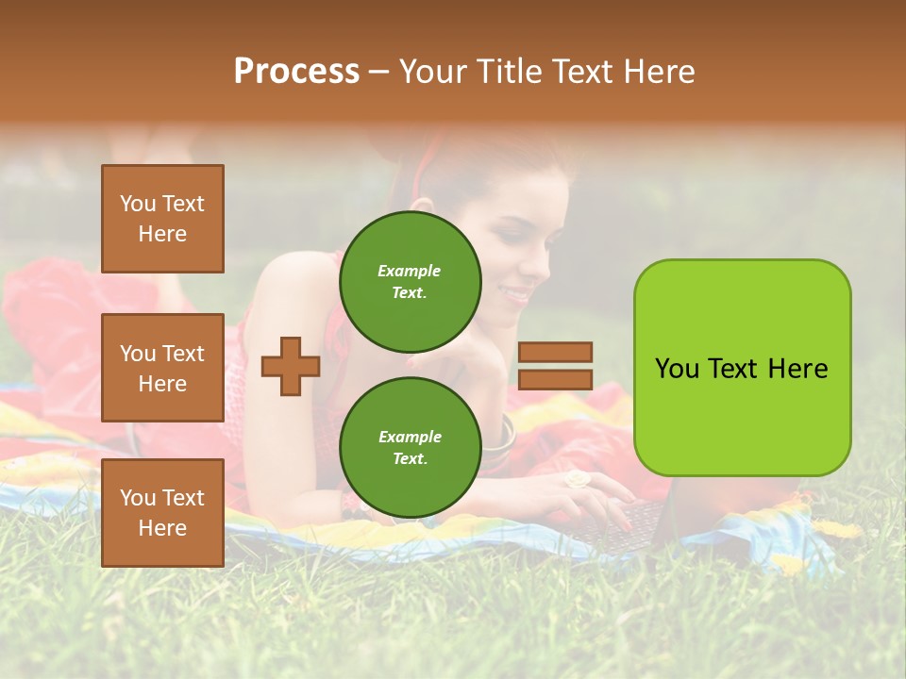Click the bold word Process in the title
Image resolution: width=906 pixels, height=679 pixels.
tap(296, 72)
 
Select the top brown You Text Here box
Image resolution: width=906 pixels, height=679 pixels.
tap(162, 219)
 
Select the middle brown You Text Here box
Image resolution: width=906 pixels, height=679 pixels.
tap(162, 368)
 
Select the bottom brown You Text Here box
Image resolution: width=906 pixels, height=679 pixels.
tap(162, 513)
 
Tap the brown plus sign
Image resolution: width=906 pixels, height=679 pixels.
tap(290, 366)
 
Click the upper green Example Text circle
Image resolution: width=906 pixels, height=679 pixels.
tap(410, 281)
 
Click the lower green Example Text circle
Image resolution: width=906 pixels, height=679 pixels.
tap(410, 447)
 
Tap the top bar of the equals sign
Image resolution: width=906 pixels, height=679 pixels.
tap(555, 352)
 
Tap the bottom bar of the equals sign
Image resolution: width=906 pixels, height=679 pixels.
tap(555, 379)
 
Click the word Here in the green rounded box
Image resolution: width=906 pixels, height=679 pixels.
tap(797, 369)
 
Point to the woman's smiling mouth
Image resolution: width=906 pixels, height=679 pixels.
tap(517, 295)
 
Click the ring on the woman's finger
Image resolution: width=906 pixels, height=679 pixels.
tap(576, 479)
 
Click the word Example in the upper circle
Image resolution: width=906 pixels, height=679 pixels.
tap(410, 271)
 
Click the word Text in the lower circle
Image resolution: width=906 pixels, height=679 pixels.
tap(410, 458)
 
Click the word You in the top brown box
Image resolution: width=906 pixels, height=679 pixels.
tap(138, 204)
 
